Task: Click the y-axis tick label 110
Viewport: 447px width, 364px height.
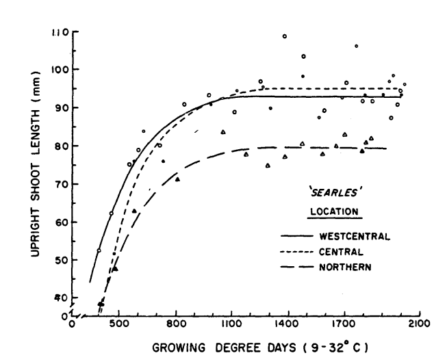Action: pos(60,32)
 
